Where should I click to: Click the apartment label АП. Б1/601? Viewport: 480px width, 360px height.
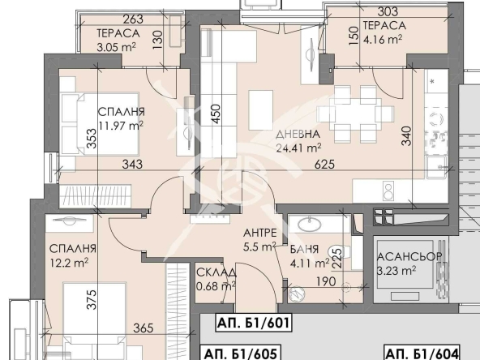[x=253, y=323]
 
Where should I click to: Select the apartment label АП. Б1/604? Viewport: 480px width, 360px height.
[x=422, y=354]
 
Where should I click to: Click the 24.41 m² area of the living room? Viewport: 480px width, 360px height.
[x=298, y=148]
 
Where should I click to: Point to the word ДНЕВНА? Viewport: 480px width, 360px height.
[x=298, y=134]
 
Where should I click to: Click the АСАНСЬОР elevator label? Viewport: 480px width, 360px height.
[x=409, y=256]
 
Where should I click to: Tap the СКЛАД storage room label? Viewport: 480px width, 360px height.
[x=216, y=272]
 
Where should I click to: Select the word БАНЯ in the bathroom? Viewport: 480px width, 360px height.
[x=304, y=249]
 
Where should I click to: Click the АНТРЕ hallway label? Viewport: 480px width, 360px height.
[x=260, y=233]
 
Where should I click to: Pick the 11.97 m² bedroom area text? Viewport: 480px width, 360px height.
[x=121, y=125]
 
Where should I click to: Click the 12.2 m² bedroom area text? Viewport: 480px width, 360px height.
[x=69, y=263]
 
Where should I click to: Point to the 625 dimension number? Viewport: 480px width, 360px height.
[x=325, y=165]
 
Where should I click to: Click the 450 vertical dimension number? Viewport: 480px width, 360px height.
[x=216, y=114]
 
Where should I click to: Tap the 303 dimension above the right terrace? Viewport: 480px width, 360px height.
[x=388, y=11]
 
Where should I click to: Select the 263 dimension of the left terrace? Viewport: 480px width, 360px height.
[x=133, y=19]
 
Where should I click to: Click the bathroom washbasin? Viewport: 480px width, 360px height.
[x=310, y=225]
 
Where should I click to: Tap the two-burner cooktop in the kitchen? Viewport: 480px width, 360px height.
[x=388, y=191]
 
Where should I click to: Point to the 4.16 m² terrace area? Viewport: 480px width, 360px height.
[x=383, y=39]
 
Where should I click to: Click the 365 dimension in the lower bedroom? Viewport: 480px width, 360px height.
[x=144, y=328]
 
